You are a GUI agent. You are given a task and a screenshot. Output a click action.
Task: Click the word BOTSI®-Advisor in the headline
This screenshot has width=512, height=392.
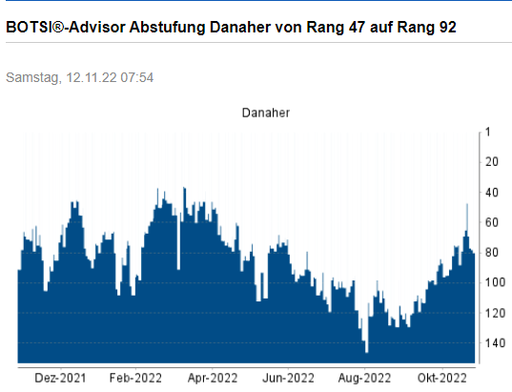(58, 28)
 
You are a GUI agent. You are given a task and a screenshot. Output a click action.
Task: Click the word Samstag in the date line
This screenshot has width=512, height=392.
(32, 77)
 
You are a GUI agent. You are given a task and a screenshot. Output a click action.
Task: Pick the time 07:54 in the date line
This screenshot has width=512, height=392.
(136, 77)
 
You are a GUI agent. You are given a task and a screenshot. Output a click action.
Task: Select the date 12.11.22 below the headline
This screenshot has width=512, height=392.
(90, 77)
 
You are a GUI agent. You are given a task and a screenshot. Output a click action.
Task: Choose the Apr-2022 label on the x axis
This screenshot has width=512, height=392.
(213, 377)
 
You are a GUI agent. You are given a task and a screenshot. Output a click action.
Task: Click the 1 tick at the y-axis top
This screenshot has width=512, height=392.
(487, 133)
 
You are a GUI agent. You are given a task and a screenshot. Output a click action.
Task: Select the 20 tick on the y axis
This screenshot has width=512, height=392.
(492, 162)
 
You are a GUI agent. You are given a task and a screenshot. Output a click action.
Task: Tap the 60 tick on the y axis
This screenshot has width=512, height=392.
(492, 222)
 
